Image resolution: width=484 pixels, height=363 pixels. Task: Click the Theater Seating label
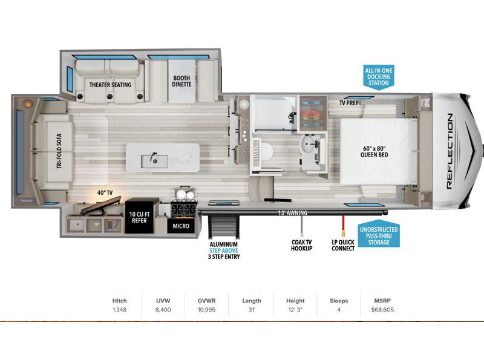(110, 85)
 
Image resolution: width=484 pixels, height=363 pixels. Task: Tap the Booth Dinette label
(181, 81)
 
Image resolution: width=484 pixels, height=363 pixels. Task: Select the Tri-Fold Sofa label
(59, 151)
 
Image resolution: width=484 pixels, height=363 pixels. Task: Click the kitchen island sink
(154, 161)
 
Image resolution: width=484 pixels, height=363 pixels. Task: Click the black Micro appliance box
(181, 226)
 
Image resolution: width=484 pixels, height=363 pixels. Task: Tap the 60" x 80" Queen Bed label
(374, 152)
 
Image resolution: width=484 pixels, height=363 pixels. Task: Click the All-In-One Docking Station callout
(379, 77)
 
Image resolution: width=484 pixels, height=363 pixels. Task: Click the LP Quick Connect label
(343, 246)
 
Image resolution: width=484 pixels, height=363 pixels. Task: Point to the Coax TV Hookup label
(301, 246)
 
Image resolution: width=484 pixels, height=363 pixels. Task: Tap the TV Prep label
(349, 103)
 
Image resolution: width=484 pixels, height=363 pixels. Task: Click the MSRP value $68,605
(382, 310)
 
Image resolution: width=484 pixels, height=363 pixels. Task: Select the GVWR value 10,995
(206, 310)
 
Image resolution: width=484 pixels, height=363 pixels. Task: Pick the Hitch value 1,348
(119, 310)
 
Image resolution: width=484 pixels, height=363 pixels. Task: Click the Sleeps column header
(339, 301)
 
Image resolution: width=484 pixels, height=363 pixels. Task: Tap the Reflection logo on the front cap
(450, 151)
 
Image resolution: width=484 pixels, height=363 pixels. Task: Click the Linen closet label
(256, 152)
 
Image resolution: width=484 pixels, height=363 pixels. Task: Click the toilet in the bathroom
(266, 152)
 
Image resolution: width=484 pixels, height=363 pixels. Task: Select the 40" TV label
(105, 192)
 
